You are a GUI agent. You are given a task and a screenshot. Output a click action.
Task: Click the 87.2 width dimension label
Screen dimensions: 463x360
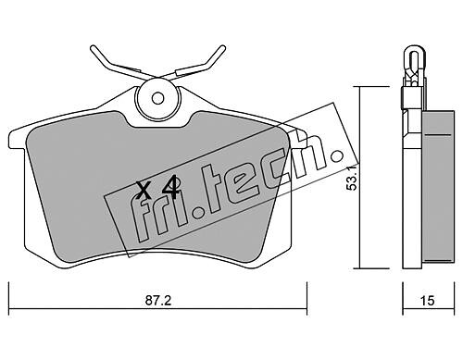pos(158,300)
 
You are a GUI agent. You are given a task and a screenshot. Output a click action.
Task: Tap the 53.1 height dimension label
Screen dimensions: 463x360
pos(352,177)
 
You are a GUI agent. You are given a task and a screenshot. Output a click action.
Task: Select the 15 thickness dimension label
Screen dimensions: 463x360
pos(428,300)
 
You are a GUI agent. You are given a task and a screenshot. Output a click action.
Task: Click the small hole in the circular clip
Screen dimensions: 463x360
pos(157,99)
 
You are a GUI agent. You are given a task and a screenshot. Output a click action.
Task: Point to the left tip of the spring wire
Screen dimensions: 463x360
pos(92,47)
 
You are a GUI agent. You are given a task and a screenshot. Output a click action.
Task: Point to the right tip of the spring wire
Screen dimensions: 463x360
pos(223,47)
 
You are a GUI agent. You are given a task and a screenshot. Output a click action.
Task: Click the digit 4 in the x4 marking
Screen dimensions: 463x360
pos(170,187)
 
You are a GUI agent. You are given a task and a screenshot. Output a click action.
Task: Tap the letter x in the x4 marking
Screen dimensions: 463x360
pos(144,191)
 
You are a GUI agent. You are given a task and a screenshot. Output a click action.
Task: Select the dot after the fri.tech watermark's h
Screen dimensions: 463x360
pos(336,155)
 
